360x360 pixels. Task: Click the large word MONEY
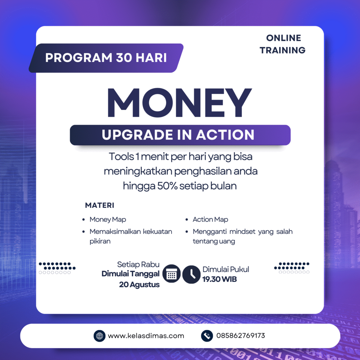(x=180, y=103)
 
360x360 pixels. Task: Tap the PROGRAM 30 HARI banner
(x=106, y=58)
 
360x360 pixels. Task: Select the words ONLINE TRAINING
(x=283, y=44)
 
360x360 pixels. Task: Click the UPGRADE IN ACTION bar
(x=180, y=135)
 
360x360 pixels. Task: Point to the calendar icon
(x=172, y=274)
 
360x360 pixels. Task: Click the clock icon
(x=192, y=274)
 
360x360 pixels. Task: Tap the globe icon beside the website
(x=99, y=336)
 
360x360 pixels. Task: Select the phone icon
(x=207, y=336)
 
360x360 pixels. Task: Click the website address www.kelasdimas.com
(x=146, y=336)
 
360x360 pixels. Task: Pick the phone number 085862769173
(x=240, y=336)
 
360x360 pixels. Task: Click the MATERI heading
(x=99, y=205)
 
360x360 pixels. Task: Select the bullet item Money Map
(x=108, y=219)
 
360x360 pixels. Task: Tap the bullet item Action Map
(x=210, y=219)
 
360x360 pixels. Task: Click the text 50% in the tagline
(x=167, y=186)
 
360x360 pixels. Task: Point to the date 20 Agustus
(x=139, y=285)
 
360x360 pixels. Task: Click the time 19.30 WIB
(x=219, y=279)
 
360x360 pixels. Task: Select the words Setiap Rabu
(x=138, y=264)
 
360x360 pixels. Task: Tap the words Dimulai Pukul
(x=226, y=269)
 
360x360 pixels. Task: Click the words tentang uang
(x=214, y=241)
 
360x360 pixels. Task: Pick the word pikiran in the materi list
(x=100, y=241)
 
